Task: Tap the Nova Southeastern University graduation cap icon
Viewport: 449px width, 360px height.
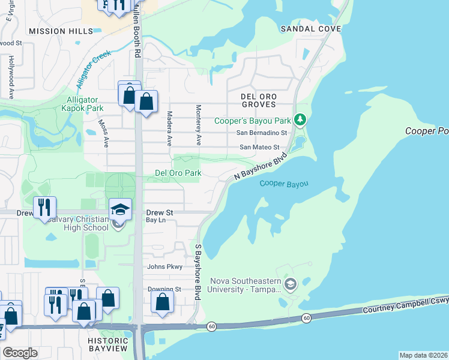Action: pos(291,284)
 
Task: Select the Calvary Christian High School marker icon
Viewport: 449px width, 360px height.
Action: pos(120,210)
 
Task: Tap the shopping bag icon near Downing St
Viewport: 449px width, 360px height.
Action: pos(163,302)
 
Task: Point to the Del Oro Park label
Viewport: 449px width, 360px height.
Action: pos(178,173)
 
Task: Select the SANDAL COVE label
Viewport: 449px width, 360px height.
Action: pos(310,29)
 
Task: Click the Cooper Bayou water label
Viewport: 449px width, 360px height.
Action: pos(283,183)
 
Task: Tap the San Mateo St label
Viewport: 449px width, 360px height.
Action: pos(260,147)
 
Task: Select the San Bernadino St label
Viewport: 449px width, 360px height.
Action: pos(262,133)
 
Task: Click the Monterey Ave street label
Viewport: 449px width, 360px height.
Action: pos(197,125)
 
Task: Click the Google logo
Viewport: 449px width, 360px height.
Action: pos(21,353)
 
